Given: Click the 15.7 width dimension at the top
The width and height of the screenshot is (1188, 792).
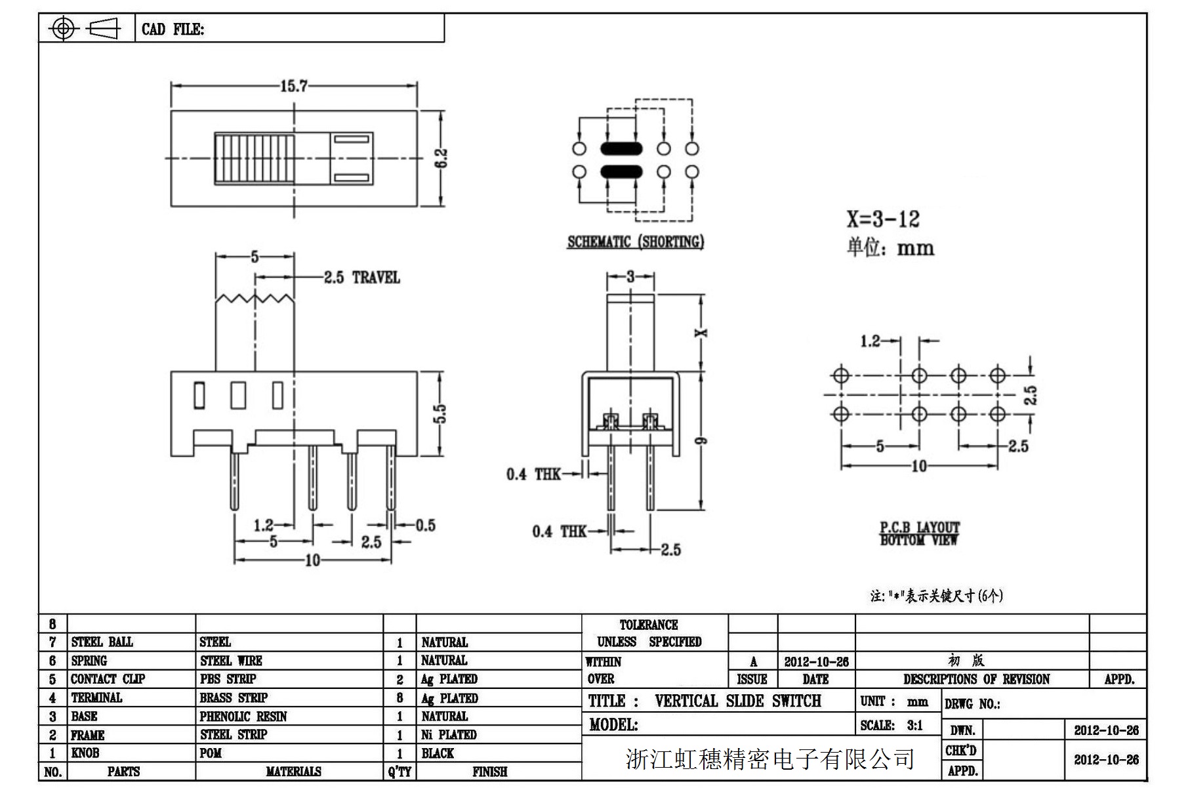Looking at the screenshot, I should tap(293, 86).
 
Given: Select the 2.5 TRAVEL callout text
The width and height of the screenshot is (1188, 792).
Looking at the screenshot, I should tap(361, 278).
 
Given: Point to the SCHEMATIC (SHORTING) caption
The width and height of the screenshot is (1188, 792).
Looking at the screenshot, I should tap(635, 242).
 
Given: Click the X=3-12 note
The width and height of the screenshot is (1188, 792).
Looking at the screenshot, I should tap(882, 219).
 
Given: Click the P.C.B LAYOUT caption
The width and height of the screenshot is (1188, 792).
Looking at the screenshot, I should tap(919, 528).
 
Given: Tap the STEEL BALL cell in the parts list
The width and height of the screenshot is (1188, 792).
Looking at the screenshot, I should tap(102, 642).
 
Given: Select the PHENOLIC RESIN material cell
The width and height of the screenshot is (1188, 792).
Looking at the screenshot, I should tap(243, 716).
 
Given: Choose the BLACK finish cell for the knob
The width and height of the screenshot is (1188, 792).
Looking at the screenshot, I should tap(438, 753).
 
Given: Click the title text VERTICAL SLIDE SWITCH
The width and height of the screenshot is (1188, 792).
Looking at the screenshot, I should tap(737, 701).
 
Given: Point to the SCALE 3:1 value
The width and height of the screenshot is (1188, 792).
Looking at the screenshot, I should tap(914, 725).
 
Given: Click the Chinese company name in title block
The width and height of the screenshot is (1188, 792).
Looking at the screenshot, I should tap(769, 759).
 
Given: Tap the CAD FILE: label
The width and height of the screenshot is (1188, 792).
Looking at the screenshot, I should tap(173, 30).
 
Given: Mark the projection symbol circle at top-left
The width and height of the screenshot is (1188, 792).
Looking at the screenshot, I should tap(63, 28).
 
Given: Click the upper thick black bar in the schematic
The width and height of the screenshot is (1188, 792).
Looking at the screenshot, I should tap(621, 149).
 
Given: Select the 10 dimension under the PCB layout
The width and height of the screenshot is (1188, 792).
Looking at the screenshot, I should tap(919, 466).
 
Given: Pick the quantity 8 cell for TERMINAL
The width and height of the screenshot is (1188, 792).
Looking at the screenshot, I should tap(399, 698).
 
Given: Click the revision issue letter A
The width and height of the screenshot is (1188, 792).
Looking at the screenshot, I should tap(753, 661).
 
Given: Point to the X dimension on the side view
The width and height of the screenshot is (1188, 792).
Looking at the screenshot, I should tap(701, 333).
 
